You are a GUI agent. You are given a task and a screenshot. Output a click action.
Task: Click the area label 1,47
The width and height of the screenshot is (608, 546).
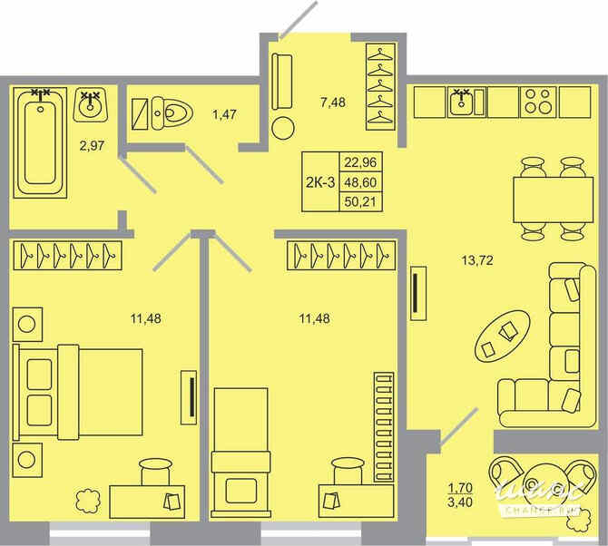pyautogui.click(x=223, y=115)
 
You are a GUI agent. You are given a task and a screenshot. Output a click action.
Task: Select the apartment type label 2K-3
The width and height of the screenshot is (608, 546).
pyautogui.click(x=319, y=181)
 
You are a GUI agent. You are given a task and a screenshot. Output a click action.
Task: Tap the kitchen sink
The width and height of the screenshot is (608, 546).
pyautogui.click(x=466, y=103)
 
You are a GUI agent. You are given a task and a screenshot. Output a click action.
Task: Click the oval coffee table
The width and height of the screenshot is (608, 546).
pyautogui.click(x=502, y=337)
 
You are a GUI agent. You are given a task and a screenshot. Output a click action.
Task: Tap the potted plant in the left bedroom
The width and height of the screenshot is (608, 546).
pyautogui.click(x=88, y=499)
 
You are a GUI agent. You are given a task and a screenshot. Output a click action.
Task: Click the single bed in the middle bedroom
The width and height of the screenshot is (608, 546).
pyautogui.click(x=240, y=444)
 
